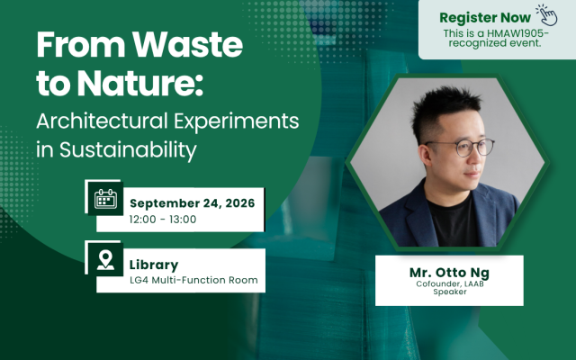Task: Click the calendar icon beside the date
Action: pos(105,199)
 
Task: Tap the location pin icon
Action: pos(105,260)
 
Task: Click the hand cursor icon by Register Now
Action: pos(546,15)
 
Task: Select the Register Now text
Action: pos(485,18)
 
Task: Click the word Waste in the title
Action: pos(187,44)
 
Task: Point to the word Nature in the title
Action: pos(140,83)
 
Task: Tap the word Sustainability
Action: pos(128,150)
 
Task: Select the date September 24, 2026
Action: pos(192,203)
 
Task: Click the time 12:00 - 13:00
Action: pos(163,220)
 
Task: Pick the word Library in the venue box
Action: pos(154,265)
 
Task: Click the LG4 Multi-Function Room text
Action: pos(193,280)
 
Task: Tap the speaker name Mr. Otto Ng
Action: pos(449,273)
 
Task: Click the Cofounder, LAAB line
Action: pos(450,284)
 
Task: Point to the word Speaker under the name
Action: pos(450,292)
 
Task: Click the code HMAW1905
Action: pos(517,33)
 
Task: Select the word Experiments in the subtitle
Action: pos(236,121)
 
